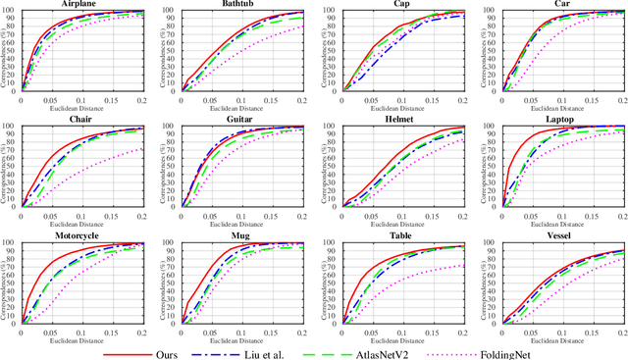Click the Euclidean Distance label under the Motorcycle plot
83,340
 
